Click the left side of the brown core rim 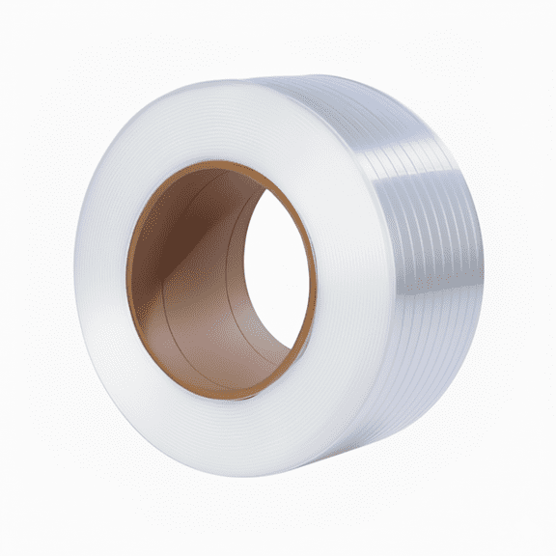133,280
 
